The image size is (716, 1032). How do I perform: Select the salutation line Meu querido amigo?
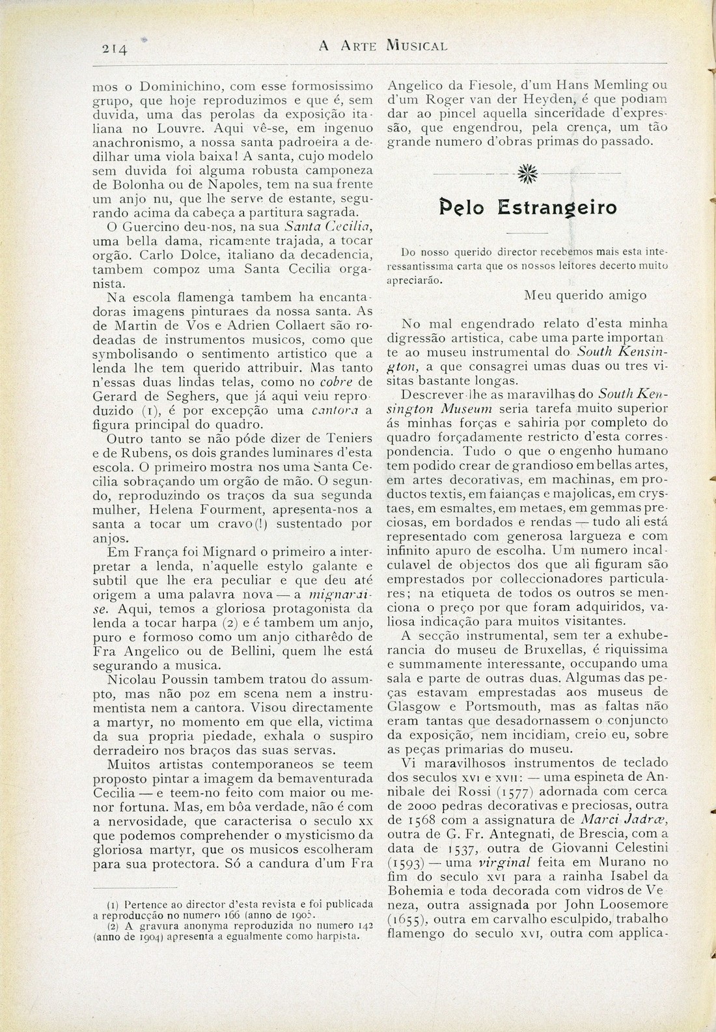click(586, 295)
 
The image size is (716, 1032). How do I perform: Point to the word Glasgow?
click(415, 706)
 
